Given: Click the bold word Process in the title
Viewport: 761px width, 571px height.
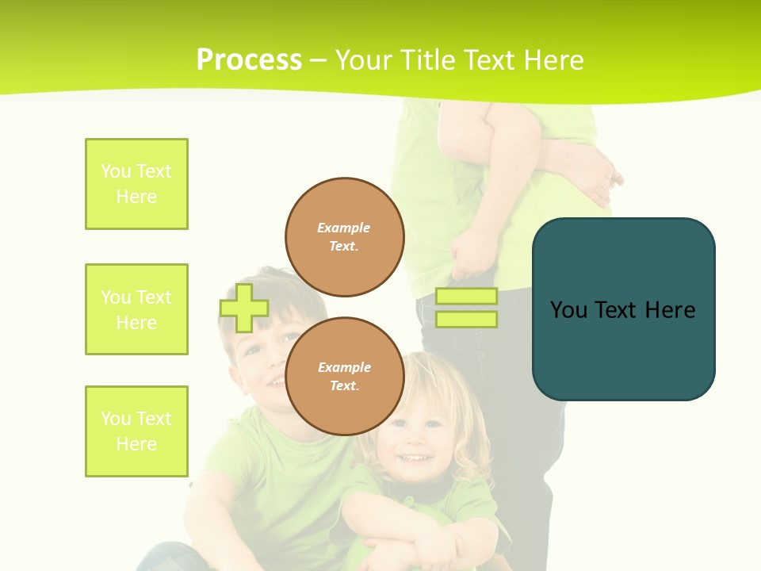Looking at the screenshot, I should (249, 59).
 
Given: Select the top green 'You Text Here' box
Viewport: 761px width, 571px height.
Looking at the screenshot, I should (136, 184).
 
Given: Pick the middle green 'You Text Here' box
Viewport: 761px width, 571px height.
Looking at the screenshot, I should (136, 309).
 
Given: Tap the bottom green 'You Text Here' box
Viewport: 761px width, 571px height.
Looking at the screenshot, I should (136, 431).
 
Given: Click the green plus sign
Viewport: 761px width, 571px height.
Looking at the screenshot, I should (244, 308).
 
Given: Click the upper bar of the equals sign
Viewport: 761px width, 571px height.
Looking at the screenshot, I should (467, 296).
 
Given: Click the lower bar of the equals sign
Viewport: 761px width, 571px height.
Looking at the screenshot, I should (467, 320).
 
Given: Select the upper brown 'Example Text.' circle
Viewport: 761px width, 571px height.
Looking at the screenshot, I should (344, 237).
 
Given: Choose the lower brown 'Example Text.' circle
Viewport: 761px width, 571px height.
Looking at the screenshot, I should (344, 377).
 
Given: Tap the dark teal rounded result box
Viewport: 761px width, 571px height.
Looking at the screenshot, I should (623, 349).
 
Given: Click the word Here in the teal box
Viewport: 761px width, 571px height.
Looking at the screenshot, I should (670, 309).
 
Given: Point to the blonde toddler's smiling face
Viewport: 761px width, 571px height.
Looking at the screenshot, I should (416, 444).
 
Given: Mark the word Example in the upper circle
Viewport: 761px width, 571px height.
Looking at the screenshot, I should (344, 228).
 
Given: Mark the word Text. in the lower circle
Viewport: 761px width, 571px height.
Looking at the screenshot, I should (344, 386).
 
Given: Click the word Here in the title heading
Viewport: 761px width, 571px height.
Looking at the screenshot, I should (552, 59).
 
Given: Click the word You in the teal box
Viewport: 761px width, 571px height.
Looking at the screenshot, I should (568, 309).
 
